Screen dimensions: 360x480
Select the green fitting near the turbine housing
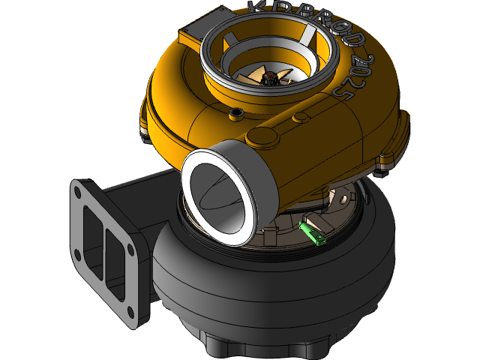click(313, 232)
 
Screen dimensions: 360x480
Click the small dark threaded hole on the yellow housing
click(238, 113)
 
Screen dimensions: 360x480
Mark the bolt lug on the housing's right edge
click(388, 159)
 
